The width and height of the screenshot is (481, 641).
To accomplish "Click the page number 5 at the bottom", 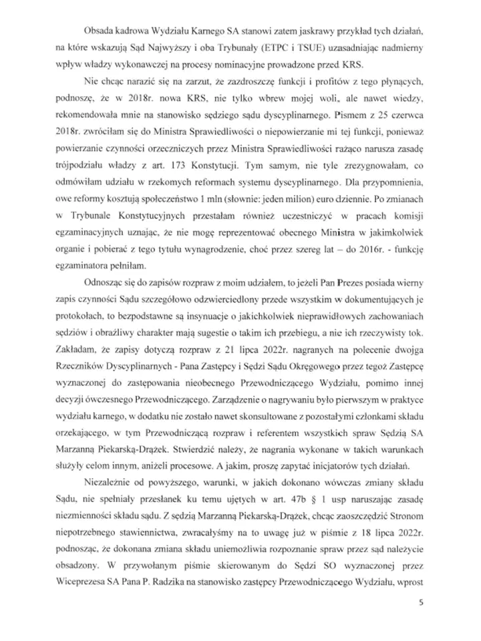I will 420,605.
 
